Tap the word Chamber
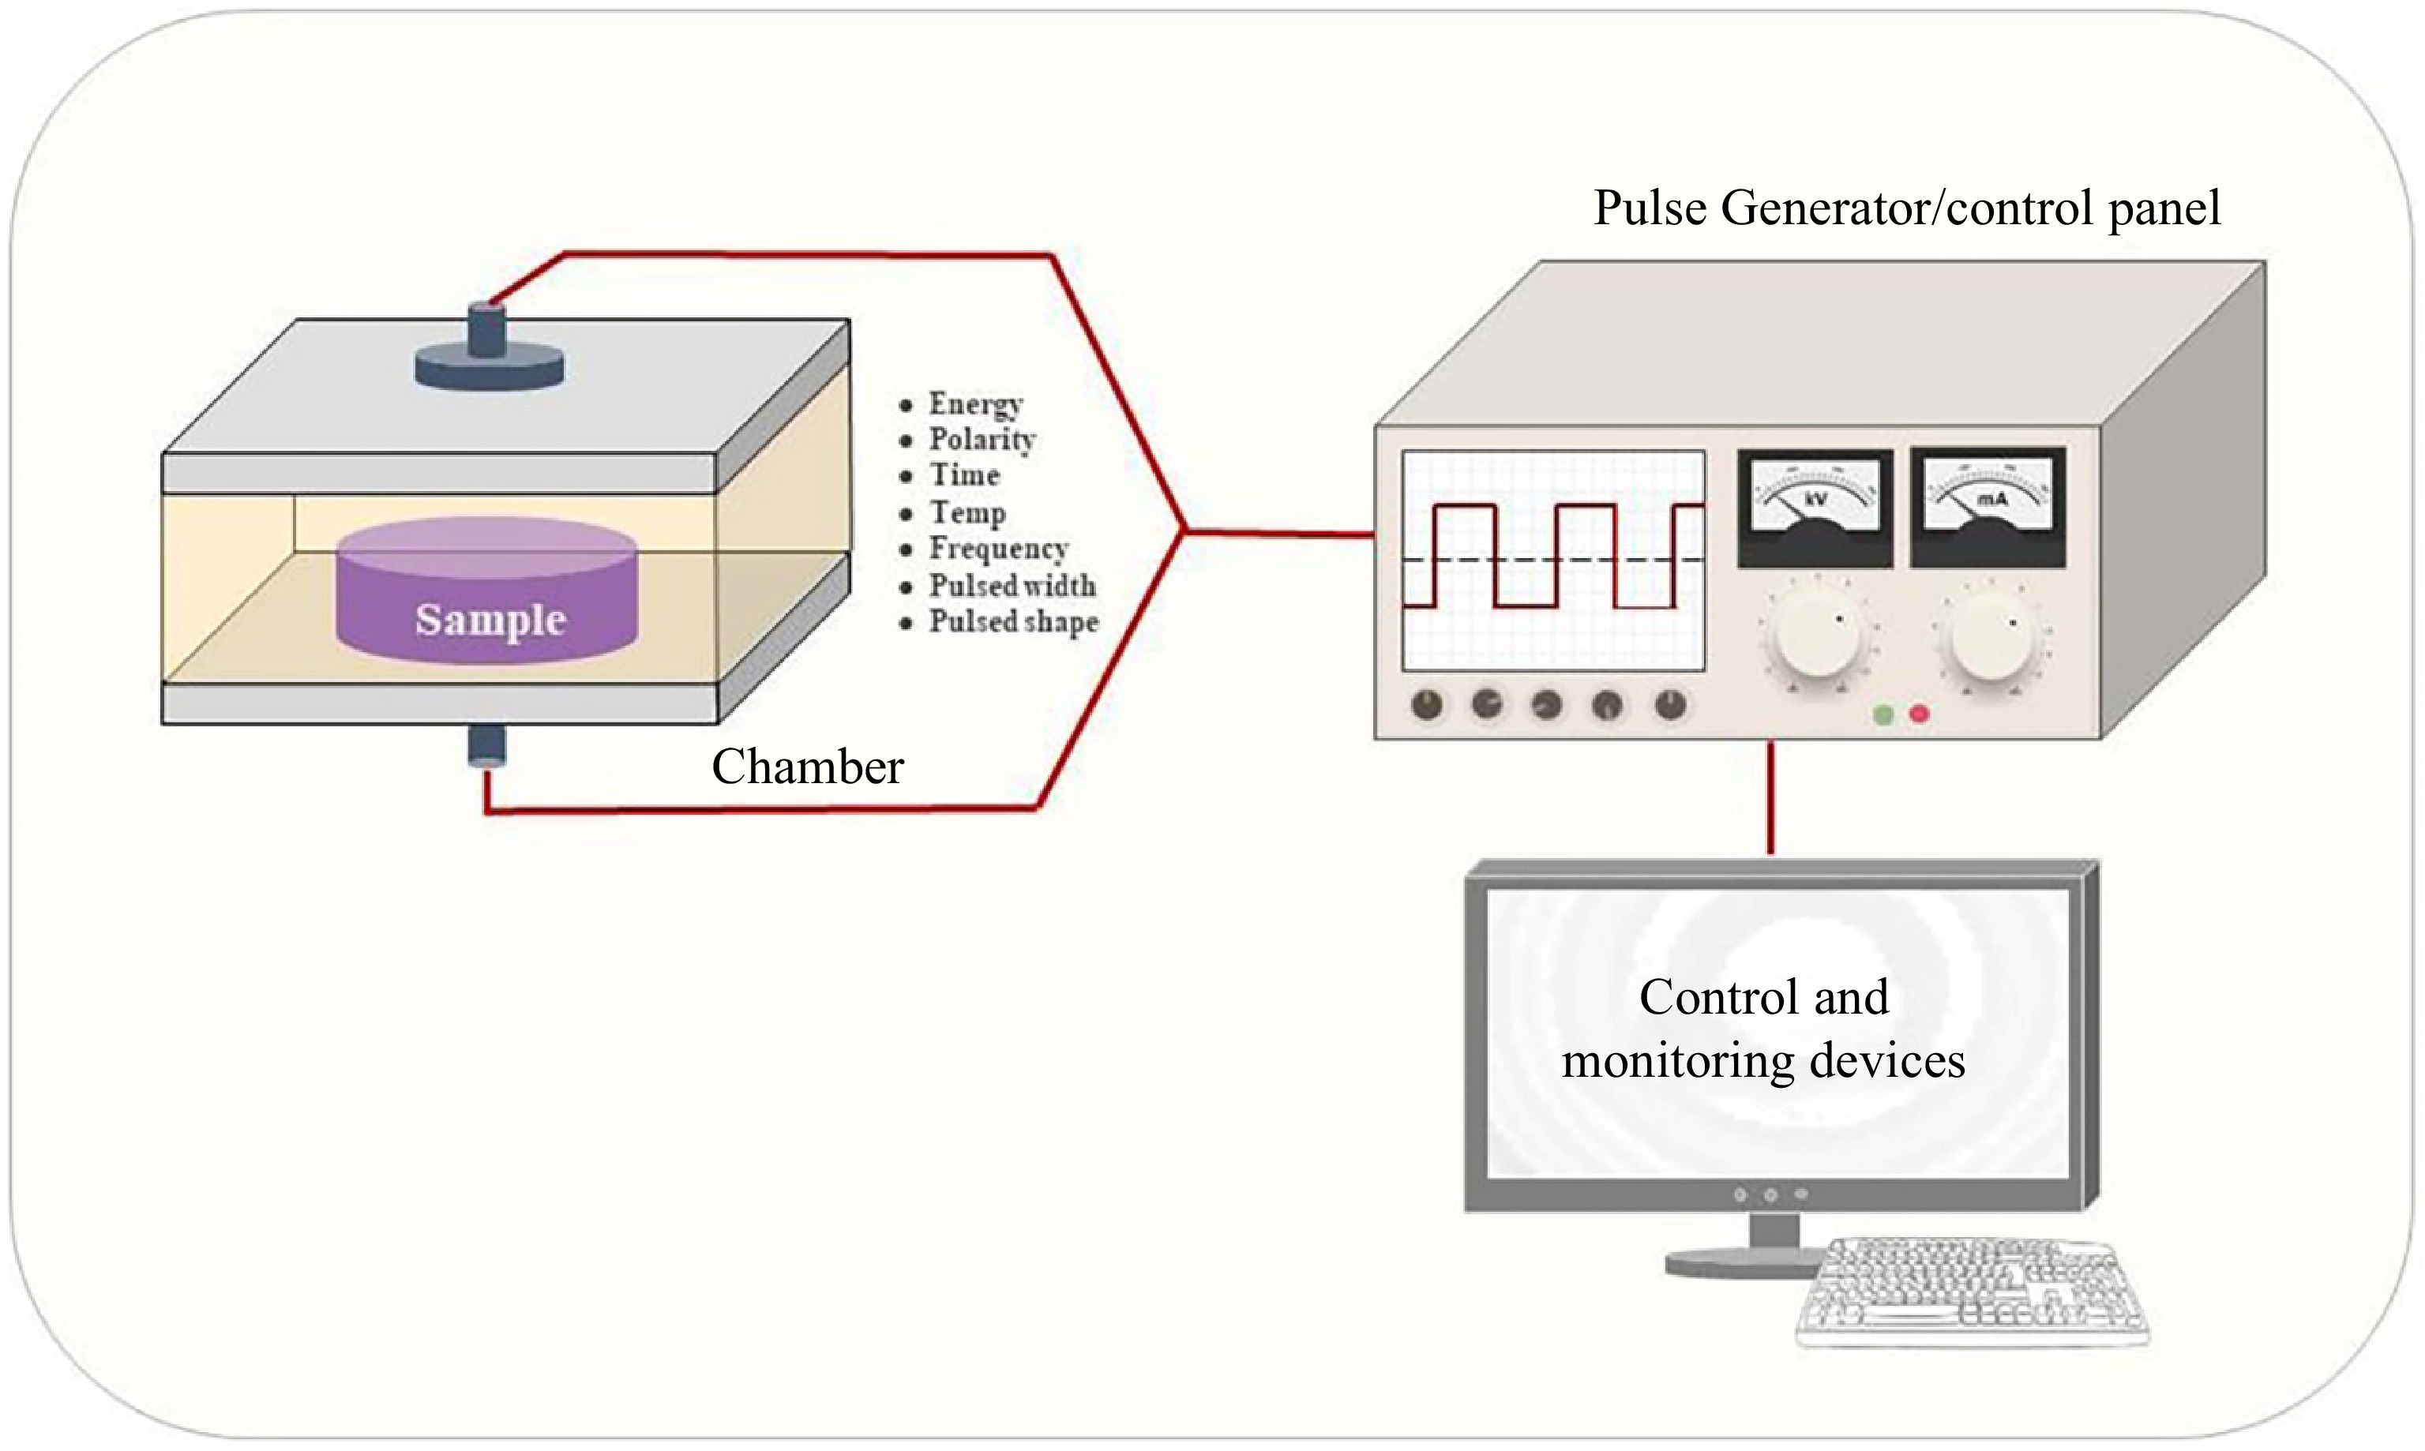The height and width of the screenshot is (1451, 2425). [x=807, y=767]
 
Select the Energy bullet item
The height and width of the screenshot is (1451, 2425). [x=974, y=404]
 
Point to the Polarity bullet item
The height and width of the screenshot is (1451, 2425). [x=981, y=440]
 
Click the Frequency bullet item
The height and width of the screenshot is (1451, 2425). [x=997, y=549]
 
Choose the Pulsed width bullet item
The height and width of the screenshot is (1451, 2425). [x=1011, y=586]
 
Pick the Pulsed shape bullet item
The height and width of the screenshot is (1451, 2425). [x=1013, y=622]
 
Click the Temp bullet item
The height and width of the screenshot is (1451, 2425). [x=966, y=512]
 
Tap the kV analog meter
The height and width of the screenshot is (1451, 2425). [x=1815, y=508]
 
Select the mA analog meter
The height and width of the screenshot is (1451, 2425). [x=1988, y=508]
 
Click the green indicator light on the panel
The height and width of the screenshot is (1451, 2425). [x=1883, y=714]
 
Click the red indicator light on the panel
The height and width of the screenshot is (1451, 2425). [x=1920, y=714]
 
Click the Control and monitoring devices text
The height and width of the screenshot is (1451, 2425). [x=1763, y=1029]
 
